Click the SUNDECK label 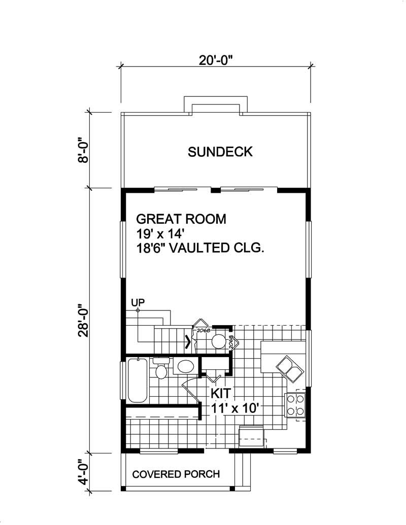[x=220, y=152]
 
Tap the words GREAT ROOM [x=181, y=219]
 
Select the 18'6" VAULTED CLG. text [x=201, y=249]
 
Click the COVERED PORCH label [x=176, y=474]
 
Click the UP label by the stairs [x=138, y=302]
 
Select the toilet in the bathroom [x=162, y=369]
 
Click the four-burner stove [x=295, y=405]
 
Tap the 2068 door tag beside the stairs [x=203, y=330]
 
